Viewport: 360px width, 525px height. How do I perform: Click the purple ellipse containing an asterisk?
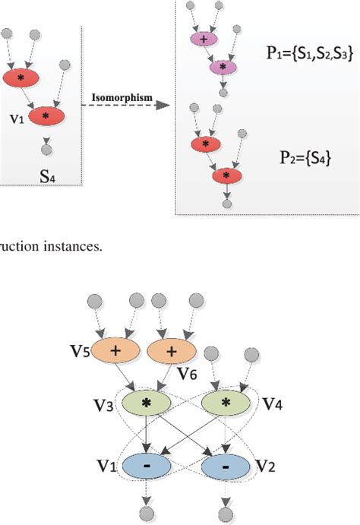(x=223, y=68)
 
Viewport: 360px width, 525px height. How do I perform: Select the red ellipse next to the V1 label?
(x=47, y=115)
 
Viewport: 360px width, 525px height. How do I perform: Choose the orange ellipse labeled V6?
(x=169, y=350)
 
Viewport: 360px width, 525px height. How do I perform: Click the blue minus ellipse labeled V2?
(x=226, y=463)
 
